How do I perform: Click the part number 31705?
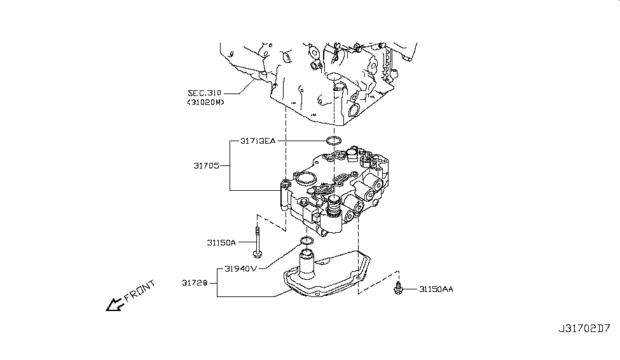pos(207,165)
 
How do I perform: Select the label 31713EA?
pos(258,141)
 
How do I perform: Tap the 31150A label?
pos(221,242)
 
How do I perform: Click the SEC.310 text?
pos(205,93)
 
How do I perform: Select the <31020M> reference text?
pos(205,102)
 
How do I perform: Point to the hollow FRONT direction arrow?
pos(115,305)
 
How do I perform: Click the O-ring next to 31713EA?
pos(334,141)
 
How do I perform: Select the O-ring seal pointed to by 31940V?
pos(307,240)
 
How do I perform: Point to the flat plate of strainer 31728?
pos(337,273)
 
